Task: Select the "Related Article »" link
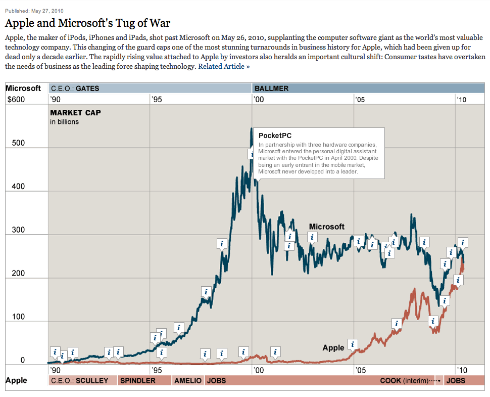[224, 66]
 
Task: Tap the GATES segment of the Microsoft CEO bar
[150, 88]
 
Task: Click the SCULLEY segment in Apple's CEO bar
[82, 380]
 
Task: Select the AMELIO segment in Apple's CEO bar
[188, 380]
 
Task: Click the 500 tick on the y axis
[19, 143]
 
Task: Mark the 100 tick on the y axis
[19, 317]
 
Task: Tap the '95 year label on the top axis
[157, 100]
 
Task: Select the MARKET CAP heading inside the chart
[75, 112]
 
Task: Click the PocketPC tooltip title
[275, 136]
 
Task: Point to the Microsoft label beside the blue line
[326, 227]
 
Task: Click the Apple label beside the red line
[333, 347]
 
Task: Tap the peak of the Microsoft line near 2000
[252, 129]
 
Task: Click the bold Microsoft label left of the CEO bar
[23, 88]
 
